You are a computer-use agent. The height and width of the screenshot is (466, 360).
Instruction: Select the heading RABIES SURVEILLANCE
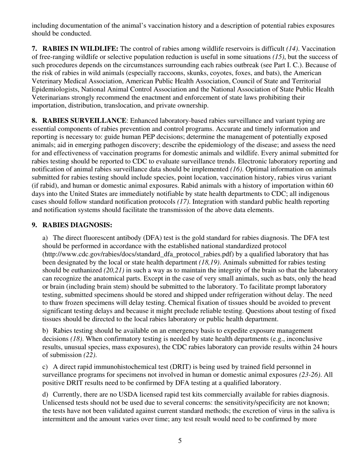tap(84, 120)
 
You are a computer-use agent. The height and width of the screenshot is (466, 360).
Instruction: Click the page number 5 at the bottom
tap(180, 441)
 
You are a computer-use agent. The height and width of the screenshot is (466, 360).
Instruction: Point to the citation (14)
tap(292, 48)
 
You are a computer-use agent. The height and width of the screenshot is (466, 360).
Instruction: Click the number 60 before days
tap(330, 185)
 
